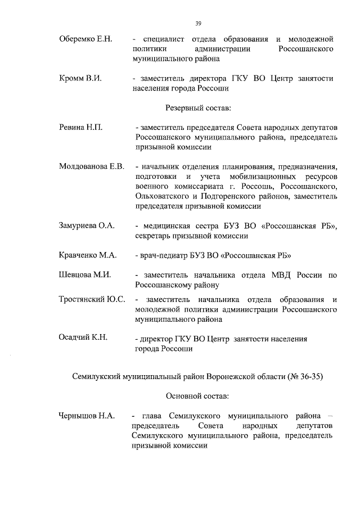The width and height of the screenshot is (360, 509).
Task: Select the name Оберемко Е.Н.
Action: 85,39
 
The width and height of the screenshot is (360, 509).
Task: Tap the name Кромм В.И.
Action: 80,78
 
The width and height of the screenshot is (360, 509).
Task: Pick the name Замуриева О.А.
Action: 87,226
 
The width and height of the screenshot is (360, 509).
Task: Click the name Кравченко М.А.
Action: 87,255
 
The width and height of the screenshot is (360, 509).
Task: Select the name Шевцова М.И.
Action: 84,275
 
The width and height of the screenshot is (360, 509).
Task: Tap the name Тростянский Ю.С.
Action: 92,299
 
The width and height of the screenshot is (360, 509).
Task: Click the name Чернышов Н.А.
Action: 87,416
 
